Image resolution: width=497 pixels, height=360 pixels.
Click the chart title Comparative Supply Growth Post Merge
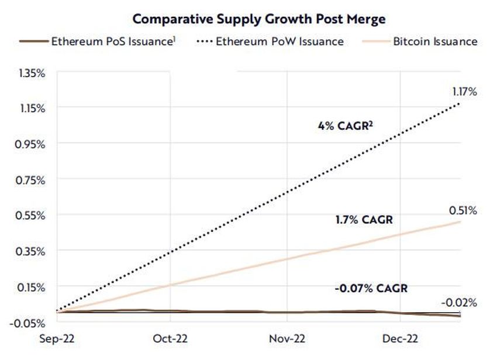(258, 19)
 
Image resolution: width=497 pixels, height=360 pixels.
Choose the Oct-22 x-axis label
(170, 339)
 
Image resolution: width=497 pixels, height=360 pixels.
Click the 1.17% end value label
(465, 92)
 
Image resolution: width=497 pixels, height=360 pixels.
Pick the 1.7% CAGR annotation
(364, 220)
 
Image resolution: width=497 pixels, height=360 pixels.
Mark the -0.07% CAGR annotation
(371, 288)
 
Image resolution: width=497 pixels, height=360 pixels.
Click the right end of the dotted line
(460, 104)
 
